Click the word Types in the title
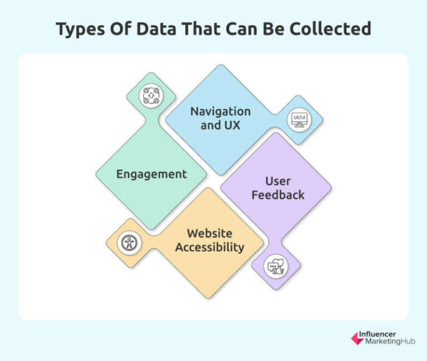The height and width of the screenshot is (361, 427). coord(81,29)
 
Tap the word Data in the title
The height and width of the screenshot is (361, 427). coord(156,29)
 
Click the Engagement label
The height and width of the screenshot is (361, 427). coord(151,174)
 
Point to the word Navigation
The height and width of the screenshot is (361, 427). coord(220,111)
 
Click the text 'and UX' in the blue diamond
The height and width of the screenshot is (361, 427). coord(220,125)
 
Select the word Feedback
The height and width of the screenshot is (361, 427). coord(278,195)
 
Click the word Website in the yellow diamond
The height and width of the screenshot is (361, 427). coord(210,233)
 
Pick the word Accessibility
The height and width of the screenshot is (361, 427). coord(210,247)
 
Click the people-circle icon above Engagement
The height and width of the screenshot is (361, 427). coord(151,96)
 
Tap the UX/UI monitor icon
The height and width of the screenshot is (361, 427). coord(299,119)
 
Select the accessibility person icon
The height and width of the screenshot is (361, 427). coord(130,243)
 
